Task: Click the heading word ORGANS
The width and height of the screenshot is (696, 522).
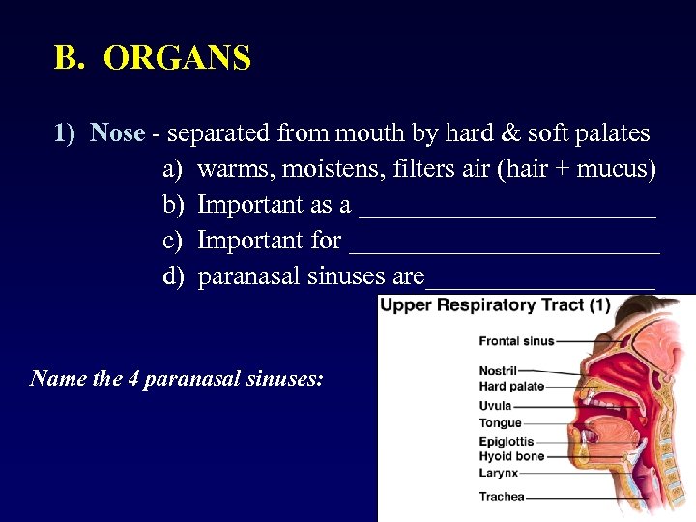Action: click(177, 59)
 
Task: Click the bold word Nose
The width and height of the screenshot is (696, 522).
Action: click(117, 132)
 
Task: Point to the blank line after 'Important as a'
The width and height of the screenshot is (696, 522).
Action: click(507, 207)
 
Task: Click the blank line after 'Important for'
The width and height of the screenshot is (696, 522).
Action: click(505, 242)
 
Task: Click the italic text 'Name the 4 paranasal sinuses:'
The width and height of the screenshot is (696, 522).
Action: click(177, 378)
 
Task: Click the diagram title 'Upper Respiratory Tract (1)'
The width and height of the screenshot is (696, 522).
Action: click(495, 305)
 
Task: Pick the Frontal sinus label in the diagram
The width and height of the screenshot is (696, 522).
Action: click(516, 341)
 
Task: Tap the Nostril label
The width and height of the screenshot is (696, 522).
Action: click(498, 370)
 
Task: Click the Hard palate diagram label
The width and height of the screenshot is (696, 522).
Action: click(511, 387)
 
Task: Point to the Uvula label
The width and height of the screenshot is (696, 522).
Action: click(495, 406)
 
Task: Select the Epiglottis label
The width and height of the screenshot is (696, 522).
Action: click(506, 442)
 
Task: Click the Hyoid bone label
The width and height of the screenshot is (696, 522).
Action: click(511, 456)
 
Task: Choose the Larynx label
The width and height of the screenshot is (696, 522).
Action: click(499, 473)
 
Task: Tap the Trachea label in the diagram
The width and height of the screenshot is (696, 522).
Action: click(502, 497)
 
